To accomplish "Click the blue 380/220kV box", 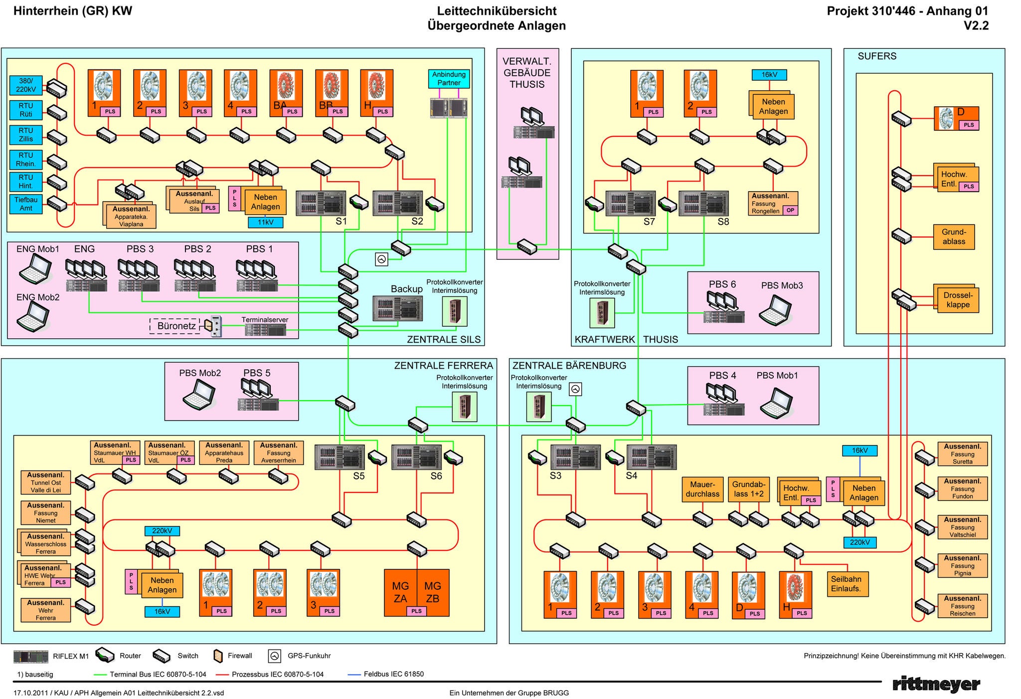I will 25,85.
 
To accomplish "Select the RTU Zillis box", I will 25,135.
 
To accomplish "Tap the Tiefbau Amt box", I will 25,204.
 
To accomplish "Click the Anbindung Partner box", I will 449,79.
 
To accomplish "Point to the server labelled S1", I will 321,203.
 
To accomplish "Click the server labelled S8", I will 703,203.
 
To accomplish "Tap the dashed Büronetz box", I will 175,326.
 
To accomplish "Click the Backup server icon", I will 397,308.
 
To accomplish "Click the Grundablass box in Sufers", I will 953,237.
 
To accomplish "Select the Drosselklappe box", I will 957,300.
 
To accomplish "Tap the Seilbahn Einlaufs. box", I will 847,584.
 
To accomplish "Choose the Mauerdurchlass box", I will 702,489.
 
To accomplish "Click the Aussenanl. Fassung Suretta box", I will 962,454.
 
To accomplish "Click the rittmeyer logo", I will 935,684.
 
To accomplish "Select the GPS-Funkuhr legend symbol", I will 274,656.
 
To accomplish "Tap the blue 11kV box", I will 265,223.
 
